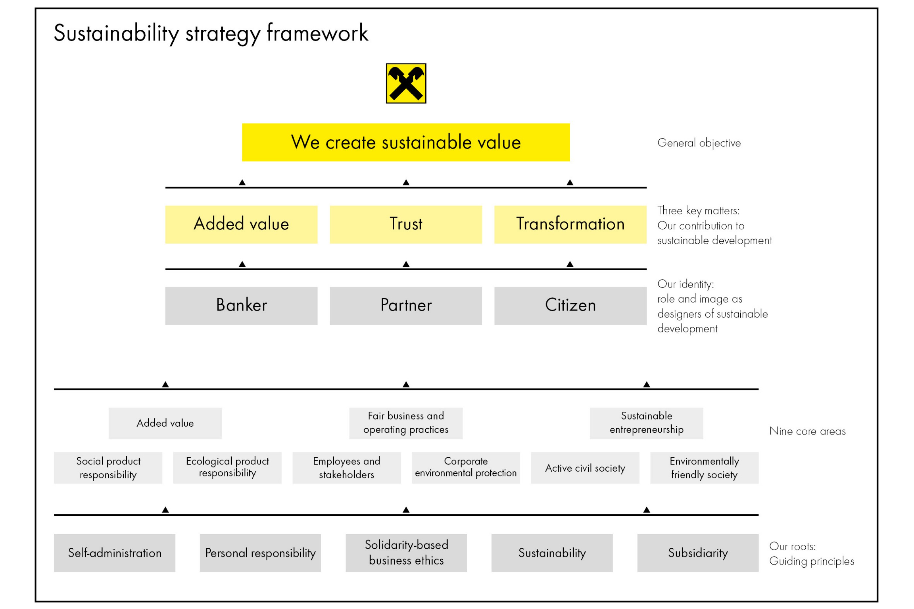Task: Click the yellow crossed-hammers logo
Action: coord(406,84)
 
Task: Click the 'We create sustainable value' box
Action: coord(406,143)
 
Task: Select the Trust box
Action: coord(406,224)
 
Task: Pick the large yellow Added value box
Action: coord(241,224)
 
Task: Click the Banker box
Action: coord(241,306)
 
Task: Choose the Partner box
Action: coord(406,306)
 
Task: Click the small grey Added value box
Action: coord(165,423)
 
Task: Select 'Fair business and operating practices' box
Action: coord(406,423)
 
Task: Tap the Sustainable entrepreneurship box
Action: coord(646,423)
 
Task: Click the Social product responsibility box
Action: coord(108,468)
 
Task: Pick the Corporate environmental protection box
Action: coord(465,468)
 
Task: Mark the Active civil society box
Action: coord(585,468)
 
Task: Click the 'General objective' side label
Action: coord(699,143)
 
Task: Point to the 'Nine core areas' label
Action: coord(807,432)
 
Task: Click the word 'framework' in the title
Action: coord(317,33)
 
